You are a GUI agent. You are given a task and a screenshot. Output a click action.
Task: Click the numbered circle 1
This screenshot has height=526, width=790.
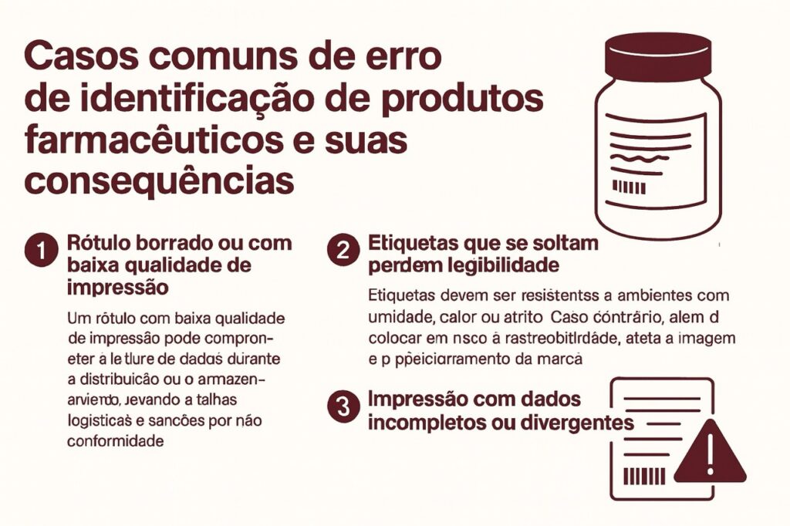[40, 251]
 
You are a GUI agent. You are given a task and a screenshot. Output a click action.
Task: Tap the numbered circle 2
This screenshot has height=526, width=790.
[342, 251]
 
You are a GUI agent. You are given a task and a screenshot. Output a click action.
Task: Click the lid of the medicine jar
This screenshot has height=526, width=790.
[657, 56]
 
